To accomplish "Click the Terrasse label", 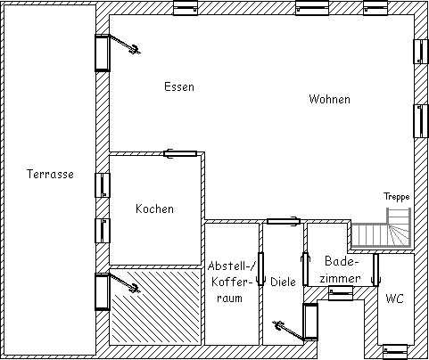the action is tap(50, 174).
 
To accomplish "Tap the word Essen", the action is tap(179, 86).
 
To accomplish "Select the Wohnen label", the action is tap(329, 99).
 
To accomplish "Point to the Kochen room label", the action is tap(154, 209).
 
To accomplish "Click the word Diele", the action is tap(283, 282).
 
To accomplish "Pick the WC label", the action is tap(394, 299).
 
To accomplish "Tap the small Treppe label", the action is tap(396, 196).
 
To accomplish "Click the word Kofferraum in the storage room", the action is tap(230, 290).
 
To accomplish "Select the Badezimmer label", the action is tap(341, 270).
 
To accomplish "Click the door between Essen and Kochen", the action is tap(180, 153).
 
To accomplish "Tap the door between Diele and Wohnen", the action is tap(283, 221).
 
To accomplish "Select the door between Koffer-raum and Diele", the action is tap(260, 269).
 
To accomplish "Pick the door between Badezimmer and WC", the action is tap(376, 270).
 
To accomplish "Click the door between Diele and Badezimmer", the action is tap(305, 269).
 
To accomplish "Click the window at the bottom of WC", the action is tap(395, 352).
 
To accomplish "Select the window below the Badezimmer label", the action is tap(341, 293).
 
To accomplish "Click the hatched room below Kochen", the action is tap(154, 307).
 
